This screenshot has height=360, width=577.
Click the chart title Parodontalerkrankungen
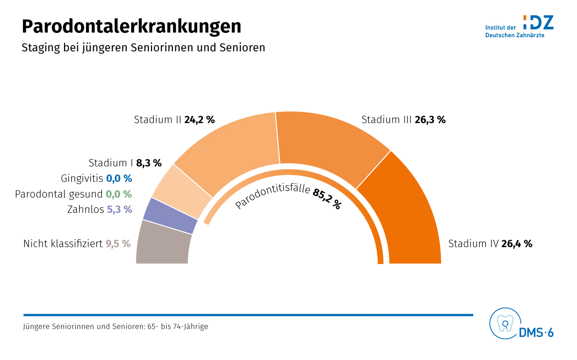(131, 26)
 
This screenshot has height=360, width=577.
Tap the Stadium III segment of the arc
(330, 143)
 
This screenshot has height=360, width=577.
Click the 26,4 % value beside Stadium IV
(517, 244)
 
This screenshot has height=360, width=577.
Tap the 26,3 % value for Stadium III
(430, 120)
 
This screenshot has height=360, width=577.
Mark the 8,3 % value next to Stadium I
(149, 163)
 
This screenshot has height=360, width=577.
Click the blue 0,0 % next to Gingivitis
(119, 179)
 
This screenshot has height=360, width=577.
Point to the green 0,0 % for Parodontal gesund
(118, 194)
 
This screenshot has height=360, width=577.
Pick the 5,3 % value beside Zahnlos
(119, 209)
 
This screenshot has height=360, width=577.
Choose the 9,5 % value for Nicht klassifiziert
(118, 244)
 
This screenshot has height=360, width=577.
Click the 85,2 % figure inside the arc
(327, 199)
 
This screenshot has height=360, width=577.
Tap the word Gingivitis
(82, 179)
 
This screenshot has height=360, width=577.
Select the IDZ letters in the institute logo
(538, 22)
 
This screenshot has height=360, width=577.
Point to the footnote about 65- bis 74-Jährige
(116, 327)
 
